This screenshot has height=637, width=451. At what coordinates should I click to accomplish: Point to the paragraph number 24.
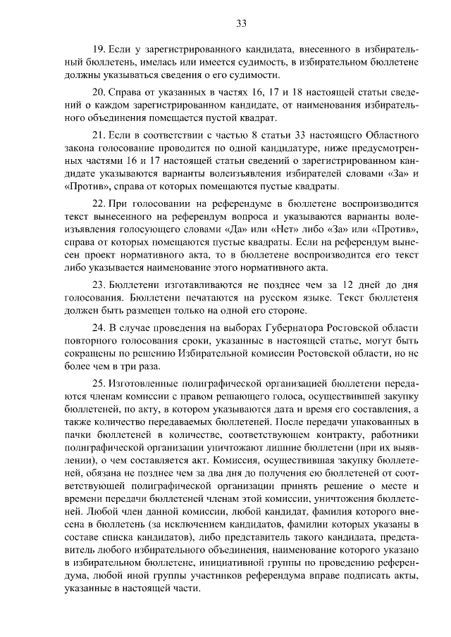99,329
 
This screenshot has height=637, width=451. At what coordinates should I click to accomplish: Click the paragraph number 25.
99,383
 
